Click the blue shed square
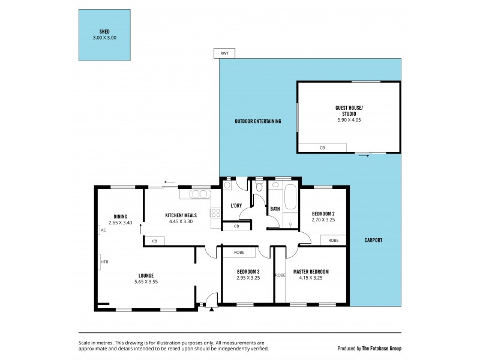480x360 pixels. pyautogui.click(x=104, y=34)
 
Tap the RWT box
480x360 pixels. pyautogui.click(x=224, y=53)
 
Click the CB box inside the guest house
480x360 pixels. pyautogui.click(x=322, y=147)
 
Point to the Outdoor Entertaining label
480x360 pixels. pyautogui.click(x=257, y=122)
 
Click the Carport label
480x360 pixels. pyautogui.click(x=373, y=241)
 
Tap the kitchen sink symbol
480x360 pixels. pyautogui.click(x=199, y=194)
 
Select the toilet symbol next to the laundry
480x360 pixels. pyautogui.click(x=258, y=187)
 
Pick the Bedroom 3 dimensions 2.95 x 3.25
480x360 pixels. pyautogui.click(x=247, y=278)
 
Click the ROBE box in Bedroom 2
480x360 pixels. pyautogui.click(x=333, y=240)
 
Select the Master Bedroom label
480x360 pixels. pyautogui.click(x=310, y=271)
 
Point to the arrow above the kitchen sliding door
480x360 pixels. pyautogui.click(x=169, y=182)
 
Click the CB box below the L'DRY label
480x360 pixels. pyautogui.click(x=236, y=226)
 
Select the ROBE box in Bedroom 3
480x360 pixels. pyautogui.click(x=238, y=253)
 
